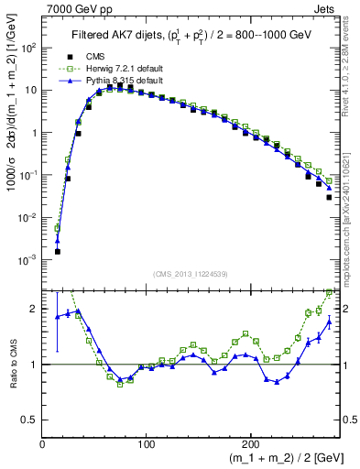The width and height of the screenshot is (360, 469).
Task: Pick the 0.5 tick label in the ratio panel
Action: tap(29, 420)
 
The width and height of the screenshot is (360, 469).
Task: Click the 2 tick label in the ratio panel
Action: tap(35, 309)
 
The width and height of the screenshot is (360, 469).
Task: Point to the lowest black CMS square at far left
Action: tap(57, 251)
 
